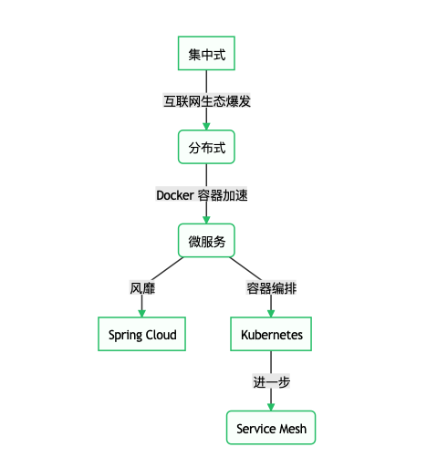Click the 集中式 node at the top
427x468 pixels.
[206, 54]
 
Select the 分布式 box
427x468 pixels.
[206, 147]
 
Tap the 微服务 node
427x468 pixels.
[206, 241]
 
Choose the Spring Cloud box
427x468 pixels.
[142, 335]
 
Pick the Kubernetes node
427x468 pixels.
[271, 335]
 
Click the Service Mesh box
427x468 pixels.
[271, 428]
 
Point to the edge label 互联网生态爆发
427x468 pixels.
[206, 100]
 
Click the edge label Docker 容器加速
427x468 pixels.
[203, 194]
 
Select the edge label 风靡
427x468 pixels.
[142, 288]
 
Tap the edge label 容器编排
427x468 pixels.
[271, 288]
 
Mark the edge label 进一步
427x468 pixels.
[271, 382]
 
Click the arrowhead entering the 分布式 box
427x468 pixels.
[206, 126]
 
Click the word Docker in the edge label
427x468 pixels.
[174, 194]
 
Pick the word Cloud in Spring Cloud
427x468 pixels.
[161, 335]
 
